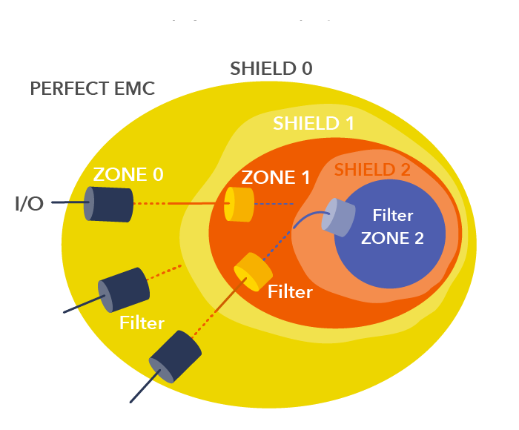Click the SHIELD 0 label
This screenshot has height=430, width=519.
[x=271, y=68]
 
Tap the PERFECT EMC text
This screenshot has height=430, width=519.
[x=93, y=88]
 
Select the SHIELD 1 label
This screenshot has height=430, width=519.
[x=314, y=123]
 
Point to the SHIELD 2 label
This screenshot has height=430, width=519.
[x=372, y=170]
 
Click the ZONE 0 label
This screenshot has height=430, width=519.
[x=128, y=174]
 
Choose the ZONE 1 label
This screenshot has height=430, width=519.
[x=275, y=177]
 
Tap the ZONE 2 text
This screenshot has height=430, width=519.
[x=392, y=238]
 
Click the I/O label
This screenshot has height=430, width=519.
[x=29, y=204]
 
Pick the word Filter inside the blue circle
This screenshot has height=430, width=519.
[x=393, y=215]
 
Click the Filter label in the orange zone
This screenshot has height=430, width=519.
[x=290, y=291]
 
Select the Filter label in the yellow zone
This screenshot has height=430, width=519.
[x=142, y=322]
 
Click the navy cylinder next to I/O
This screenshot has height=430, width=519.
[x=108, y=204]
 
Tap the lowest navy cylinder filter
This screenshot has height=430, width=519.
[x=175, y=357]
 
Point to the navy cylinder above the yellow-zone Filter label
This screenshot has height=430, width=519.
[x=124, y=290]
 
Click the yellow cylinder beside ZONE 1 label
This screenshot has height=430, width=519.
[x=239, y=204]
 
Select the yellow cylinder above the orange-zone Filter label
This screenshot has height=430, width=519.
[x=254, y=272]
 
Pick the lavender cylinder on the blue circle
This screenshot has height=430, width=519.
[x=338, y=217]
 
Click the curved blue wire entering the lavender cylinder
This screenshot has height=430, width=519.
[x=309, y=216]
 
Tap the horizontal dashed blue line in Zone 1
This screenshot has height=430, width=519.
[x=274, y=204]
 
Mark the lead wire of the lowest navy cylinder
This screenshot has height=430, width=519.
[x=145, y=386]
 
